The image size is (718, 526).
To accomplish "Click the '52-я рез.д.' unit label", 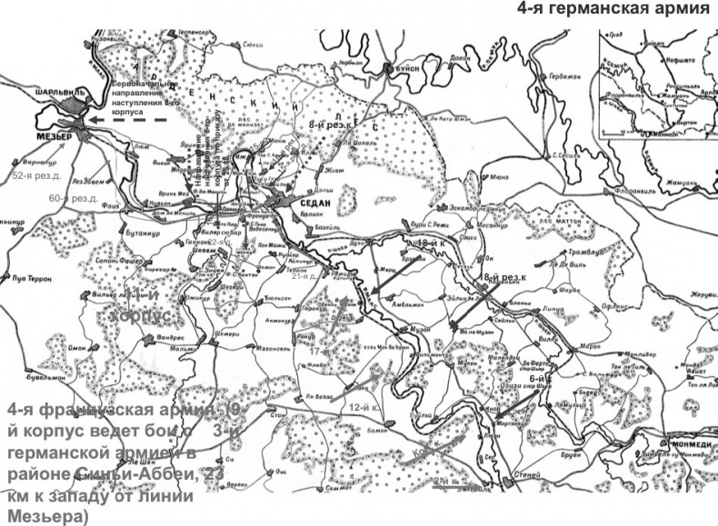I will [x=36, y=174].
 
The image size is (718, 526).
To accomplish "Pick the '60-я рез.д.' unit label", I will [x=74, y=197].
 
